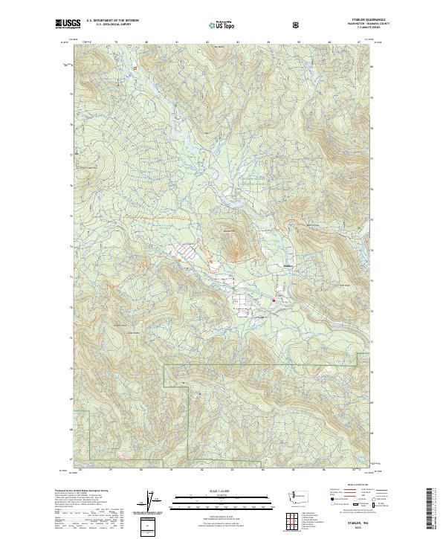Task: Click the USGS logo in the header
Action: [x=68, y=24]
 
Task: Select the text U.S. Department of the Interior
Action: [x=113, y=20]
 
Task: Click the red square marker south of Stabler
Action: [x=274, y=300]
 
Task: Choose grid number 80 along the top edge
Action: [x=146, y=42]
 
